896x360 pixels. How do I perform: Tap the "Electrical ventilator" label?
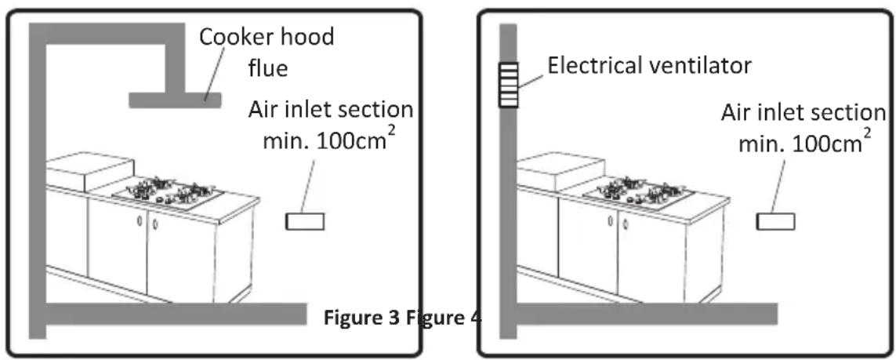(649, 65)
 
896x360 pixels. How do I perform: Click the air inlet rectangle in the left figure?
(304, 222)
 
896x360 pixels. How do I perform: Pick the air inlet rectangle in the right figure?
(774, 222)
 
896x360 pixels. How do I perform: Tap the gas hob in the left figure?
(169, 192)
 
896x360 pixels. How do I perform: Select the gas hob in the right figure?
(639, 192)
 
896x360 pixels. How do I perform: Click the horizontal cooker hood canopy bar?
(174, 100)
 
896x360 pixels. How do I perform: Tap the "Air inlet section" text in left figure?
(330, 110)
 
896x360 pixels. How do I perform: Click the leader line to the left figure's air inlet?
(308, 187)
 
